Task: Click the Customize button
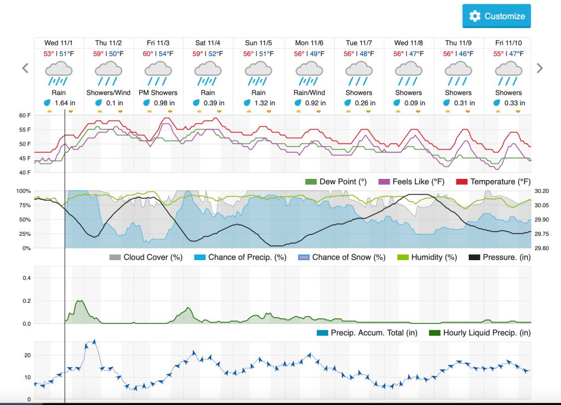coord(496,16)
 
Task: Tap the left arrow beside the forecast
coord(25,68)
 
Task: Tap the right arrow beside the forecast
coord(540,68)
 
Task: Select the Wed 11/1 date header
coord(59,43)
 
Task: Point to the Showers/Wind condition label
coord(108,93)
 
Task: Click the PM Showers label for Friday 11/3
coord(159,93)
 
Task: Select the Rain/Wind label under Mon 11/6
coord(310,93)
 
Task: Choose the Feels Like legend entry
coord(411,182)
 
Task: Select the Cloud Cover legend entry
coord(146,257)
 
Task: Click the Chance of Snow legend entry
coord(342,257)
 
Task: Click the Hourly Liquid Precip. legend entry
coord(480,332)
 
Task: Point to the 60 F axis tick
coord(25,115)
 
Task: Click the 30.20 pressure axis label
coord(542,191)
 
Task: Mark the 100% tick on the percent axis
coord(24,191)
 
